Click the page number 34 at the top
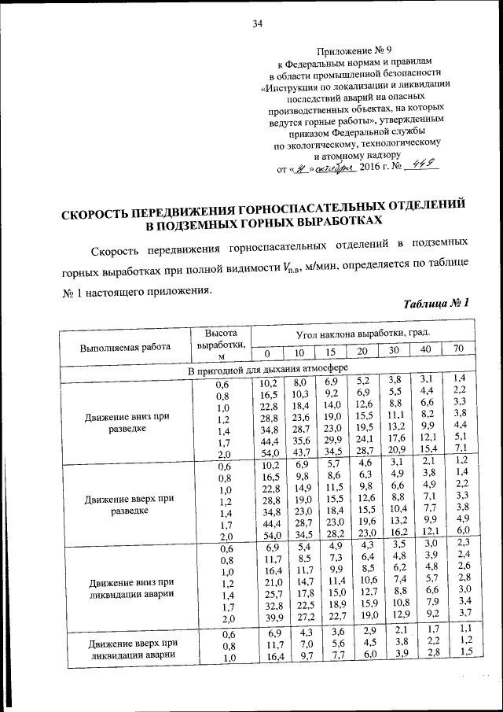click(256, 23)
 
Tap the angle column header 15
click(331, 351)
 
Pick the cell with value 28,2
click(333, 534)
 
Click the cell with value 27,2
click(302, 617)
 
